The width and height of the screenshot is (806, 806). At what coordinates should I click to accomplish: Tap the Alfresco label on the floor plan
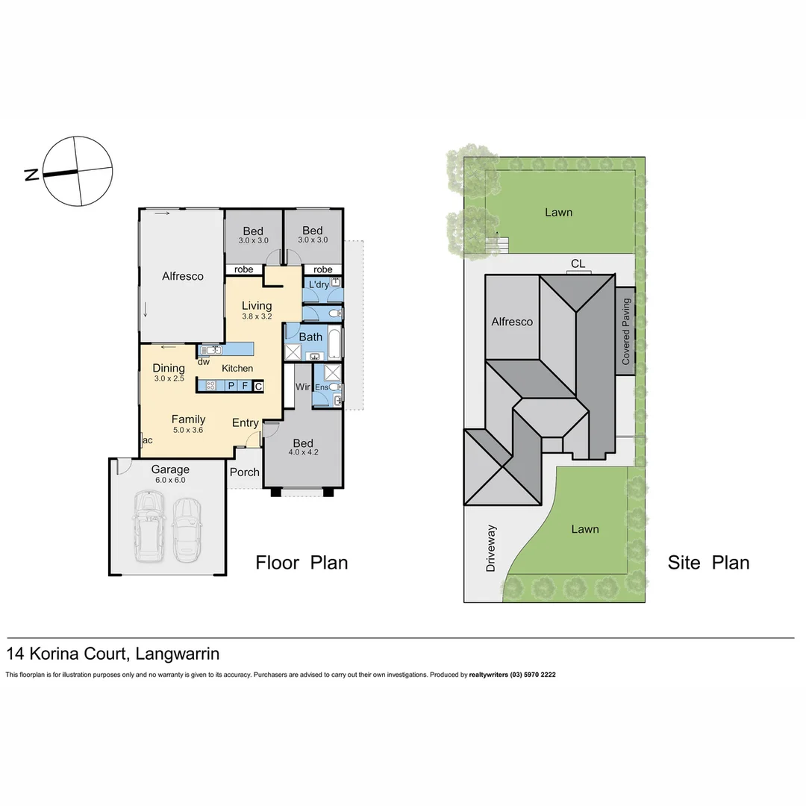(183, 276)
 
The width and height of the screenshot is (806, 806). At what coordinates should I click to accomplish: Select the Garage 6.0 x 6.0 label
(170, 474)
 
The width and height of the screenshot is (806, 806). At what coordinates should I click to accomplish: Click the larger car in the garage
(150, 527)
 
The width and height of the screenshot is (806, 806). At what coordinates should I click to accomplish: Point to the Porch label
(244, 472)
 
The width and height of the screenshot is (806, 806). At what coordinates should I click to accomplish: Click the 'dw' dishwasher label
(203, 362)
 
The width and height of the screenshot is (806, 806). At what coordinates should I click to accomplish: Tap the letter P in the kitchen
(231, 386)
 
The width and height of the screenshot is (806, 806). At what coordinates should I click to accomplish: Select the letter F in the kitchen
(245, 386)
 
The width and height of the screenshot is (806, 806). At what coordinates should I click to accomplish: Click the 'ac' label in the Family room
(147, 440)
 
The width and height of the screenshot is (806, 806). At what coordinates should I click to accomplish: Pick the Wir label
(303, 387)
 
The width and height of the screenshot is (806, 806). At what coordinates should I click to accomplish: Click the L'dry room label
(317, 284)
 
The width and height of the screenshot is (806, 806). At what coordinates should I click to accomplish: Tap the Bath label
(310, 337)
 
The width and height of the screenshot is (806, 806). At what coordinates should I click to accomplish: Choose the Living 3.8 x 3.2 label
(257, 310)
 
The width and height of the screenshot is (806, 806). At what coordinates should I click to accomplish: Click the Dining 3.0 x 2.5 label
(169, 372)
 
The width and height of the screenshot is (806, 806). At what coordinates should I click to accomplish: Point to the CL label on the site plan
(578, 263)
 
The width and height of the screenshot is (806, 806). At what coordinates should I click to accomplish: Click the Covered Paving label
(626, 331)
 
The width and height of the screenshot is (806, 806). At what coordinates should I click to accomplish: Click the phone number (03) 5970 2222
(533, 675)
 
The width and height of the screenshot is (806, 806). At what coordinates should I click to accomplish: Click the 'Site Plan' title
(708, 562)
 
